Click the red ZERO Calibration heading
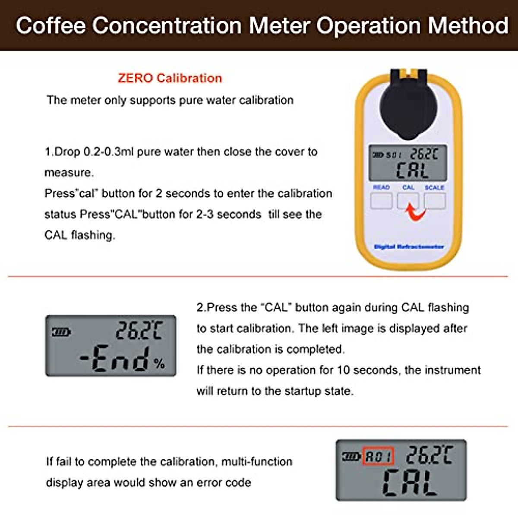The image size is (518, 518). pos(170,78)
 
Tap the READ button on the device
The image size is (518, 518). pos(381,201)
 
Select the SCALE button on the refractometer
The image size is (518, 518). pos(434,201)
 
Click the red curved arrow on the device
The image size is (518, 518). pos(415,212)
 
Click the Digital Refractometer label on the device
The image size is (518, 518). pos(408,247)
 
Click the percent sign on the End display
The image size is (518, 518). pos(159,364)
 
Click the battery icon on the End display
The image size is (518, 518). pos(61,332)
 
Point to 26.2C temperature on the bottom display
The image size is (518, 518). pos(429,455)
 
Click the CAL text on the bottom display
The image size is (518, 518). pos(409,483)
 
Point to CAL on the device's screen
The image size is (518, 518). pos(412,171)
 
